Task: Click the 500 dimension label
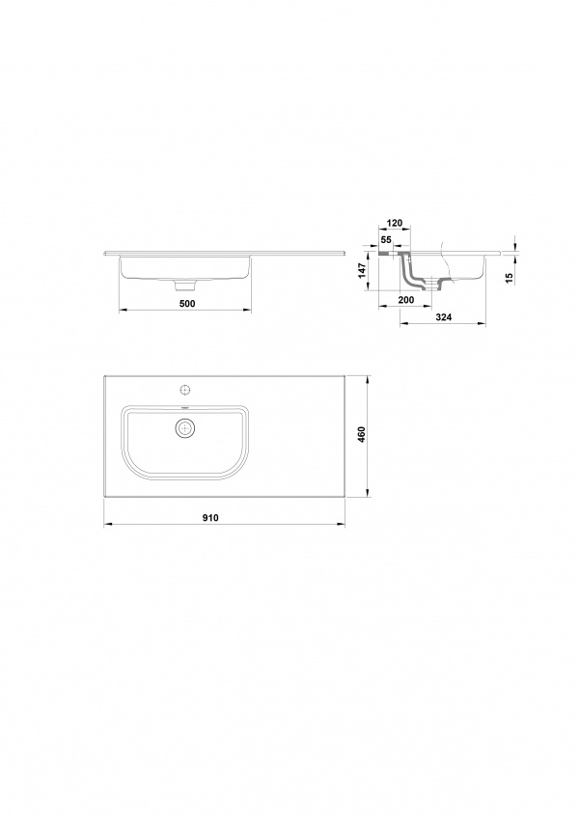coord(186,303)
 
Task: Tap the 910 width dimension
coord(210,517)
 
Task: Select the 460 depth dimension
coord(361,434)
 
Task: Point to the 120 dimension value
coord(394,223)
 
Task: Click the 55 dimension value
coord(386,239)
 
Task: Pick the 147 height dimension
coord(362,271)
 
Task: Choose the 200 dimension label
coord(405,299)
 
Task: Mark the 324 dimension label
coord(443,316)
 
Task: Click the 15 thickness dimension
coord(510,278)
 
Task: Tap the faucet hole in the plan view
coord(184,389)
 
